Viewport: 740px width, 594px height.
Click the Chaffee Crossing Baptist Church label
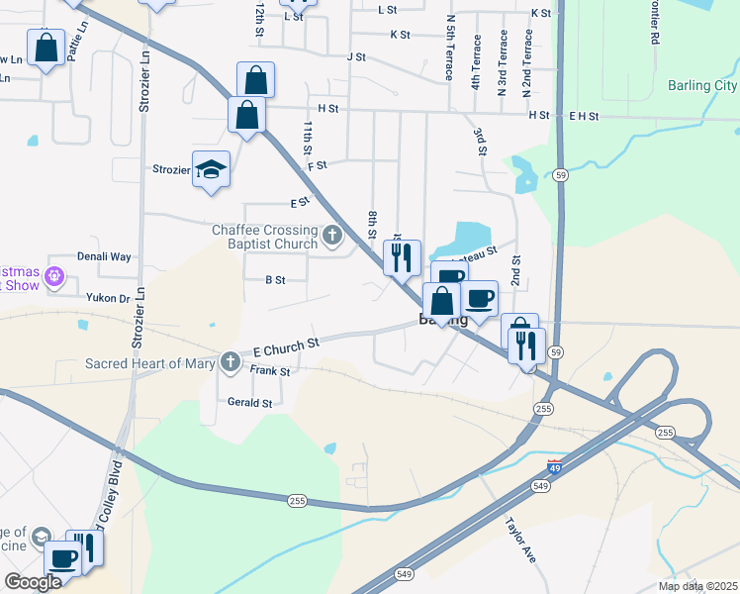coord(264,237)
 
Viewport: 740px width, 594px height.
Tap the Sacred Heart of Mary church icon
coord(231,362)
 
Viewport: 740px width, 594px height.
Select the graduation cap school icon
coord(212,169)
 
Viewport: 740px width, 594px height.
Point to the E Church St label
coord(286,346)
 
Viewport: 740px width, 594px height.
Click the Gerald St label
coord(249,403)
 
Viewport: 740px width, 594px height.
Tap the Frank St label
coord(270,371)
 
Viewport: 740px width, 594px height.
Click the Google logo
coord(33,582)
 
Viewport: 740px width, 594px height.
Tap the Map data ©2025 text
coord(696,586)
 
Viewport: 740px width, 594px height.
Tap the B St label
coord(275,280)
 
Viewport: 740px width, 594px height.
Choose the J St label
coord(356,57)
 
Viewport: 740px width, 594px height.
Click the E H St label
coord(584,116)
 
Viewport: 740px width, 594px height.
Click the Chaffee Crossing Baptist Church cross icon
coord(332,237)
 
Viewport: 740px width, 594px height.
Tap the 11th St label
coord(309,144)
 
